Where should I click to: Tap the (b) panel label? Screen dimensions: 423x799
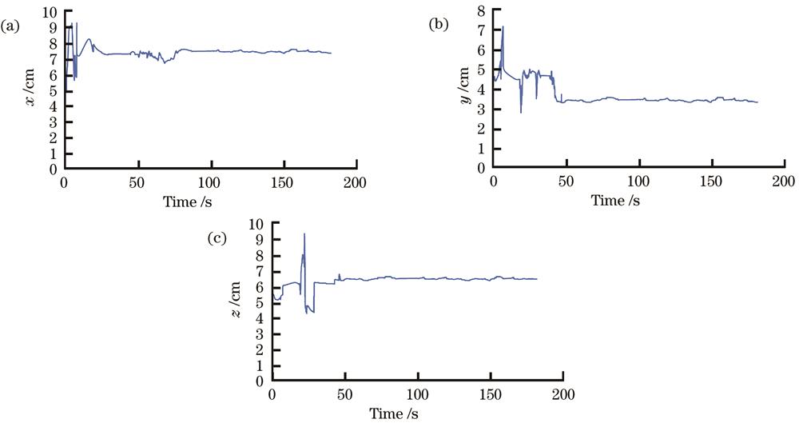[x=439, y=25]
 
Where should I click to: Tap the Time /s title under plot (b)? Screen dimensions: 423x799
[x=615, y=200]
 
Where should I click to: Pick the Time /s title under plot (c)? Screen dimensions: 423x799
[x=393, y=413]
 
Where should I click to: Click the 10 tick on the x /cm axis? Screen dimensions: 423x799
[x=50, y=12]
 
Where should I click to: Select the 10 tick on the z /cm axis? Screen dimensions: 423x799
[x=257, y=224]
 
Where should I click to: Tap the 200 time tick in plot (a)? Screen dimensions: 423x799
[x=356, y=182]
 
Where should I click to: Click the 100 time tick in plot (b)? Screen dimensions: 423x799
[x=639, y=182]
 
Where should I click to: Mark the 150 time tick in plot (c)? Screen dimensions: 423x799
[x=491, y=396]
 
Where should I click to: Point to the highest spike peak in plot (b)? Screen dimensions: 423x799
[x=503, y=27]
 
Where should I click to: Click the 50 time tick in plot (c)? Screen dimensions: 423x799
[x=345, y=396]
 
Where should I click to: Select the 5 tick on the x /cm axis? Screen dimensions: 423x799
[x=53, y=91]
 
